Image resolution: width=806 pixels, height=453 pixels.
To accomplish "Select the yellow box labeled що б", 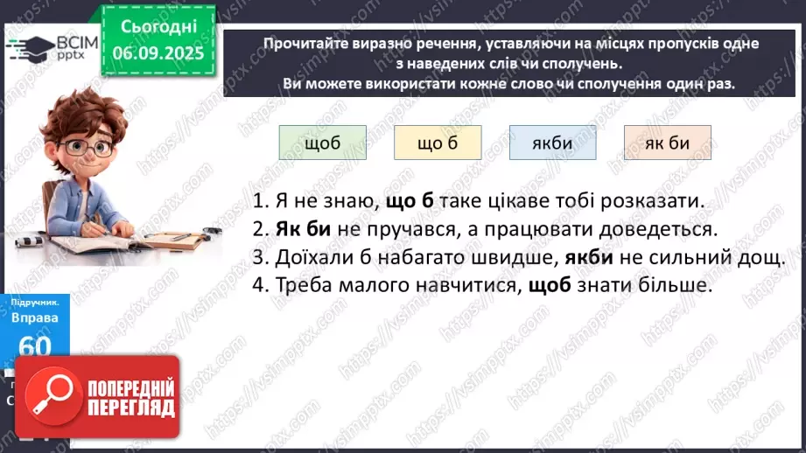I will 438,143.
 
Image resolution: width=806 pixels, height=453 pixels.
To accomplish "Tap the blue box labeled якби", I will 552,143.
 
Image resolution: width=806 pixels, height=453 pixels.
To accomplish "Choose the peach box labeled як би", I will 667,143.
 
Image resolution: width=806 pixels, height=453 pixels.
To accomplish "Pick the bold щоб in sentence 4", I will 550,286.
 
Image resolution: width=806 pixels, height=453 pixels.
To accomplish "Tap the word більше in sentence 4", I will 677,286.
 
